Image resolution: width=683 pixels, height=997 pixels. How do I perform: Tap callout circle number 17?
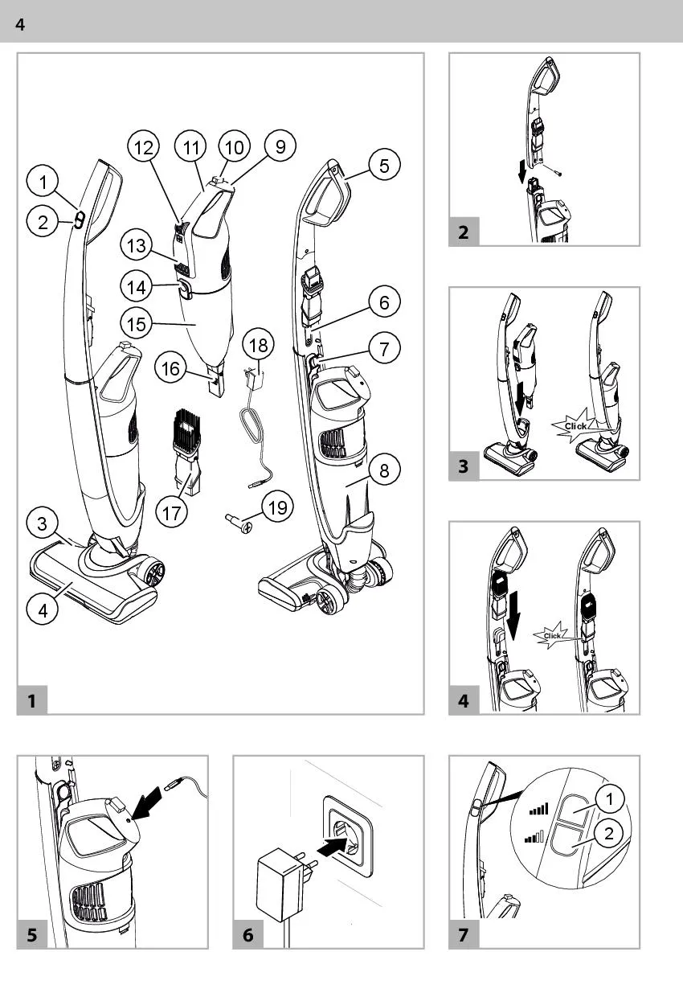point(171,514)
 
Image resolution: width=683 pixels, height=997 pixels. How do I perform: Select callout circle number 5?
point(384,166)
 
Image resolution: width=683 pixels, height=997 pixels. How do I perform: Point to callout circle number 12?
point(144,147)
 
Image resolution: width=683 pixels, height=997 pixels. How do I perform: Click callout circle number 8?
point(384,470)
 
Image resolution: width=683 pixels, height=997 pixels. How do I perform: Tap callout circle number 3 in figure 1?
point(42,524)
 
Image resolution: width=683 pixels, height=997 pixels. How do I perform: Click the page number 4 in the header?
point(20,25)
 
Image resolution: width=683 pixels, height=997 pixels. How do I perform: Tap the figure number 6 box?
point(247,935)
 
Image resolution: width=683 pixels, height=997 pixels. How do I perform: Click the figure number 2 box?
point(464,233)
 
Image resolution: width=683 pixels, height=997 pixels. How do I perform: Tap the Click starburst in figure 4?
point(553,635)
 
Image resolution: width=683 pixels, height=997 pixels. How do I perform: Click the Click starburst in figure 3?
point(575,425)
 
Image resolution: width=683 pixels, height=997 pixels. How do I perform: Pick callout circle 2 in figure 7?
point(609,833)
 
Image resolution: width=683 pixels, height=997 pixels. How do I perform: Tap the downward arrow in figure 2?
point(523,170)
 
